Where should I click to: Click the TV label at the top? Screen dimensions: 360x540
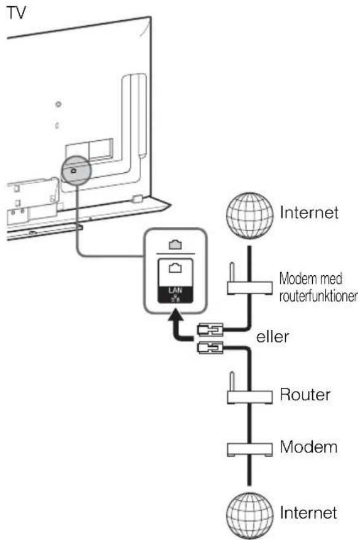[x=16, y=13]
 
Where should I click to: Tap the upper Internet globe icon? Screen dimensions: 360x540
[x=250, y=216]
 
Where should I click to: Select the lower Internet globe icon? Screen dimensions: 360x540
[x=250, y=515]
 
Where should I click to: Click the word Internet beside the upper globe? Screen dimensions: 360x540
[x=309, y=212]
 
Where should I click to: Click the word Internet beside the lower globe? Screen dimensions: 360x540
[x=308, y=512]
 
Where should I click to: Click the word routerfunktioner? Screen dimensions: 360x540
[x=318, y=296]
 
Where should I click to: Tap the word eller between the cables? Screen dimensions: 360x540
[x=272, y=337]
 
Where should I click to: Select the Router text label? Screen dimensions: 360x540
[x=305, y=395]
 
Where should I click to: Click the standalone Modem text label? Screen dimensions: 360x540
[x=308, y=447]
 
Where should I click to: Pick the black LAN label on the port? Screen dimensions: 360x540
[x=175, y=295]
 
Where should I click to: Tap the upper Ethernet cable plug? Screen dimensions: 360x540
[x=210, y=330]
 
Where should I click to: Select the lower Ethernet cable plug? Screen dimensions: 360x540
[x=210, y=348]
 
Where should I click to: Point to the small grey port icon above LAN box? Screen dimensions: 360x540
[x=175, y=245]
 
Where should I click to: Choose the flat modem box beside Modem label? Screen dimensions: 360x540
[x=250, y=449]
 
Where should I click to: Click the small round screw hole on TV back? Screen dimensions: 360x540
[x=58, y=104]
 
